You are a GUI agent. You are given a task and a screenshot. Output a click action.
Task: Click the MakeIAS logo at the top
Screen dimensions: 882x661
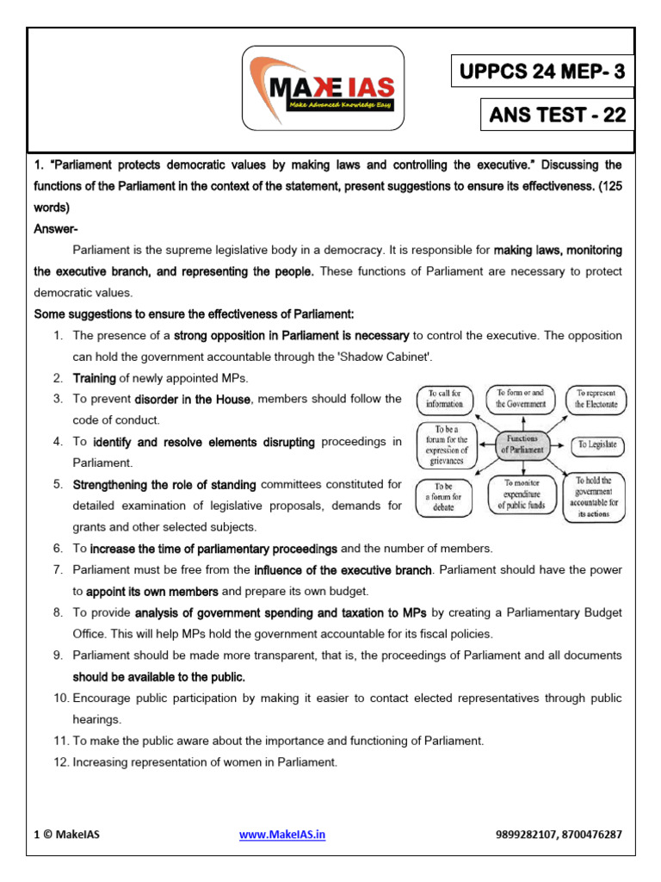coord(324,89)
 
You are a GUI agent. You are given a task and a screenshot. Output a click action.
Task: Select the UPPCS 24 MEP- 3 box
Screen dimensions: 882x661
coord(541,71)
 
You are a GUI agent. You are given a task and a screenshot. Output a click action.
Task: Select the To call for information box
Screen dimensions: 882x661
coord(444,398)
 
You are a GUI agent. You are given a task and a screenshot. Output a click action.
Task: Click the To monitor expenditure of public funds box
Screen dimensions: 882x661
coord(522,495)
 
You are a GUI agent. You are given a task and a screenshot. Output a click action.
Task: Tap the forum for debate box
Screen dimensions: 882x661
coord(443,497)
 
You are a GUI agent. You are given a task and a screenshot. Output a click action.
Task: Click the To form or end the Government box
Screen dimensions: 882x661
coord(521,398)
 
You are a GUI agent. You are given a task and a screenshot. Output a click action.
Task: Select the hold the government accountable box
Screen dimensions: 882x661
coord(594,497)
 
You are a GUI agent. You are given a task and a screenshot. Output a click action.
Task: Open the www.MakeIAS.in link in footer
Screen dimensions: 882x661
coord(281,835)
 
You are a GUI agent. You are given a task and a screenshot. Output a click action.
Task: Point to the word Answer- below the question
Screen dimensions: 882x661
coord(56,229)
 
